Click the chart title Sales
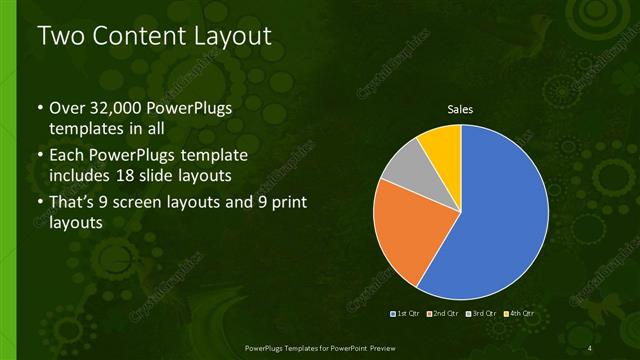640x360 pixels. click(460, 110)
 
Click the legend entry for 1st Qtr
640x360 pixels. click(405, 314)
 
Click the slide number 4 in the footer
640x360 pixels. click(590, 347)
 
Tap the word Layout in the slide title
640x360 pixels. click(236, 37)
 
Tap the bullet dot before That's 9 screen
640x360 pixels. click(39, 204)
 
